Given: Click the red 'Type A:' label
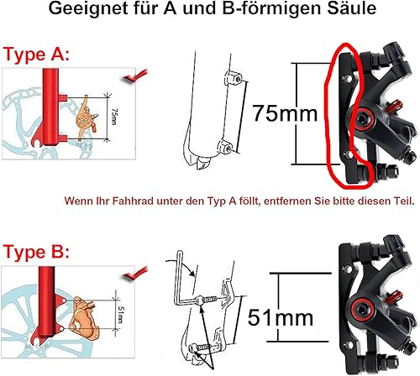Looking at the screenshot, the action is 36,54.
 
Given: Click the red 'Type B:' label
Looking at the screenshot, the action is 36,252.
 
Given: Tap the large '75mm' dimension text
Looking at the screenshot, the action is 285,113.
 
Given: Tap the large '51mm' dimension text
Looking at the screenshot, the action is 281,317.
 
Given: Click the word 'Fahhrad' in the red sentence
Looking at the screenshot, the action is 133,201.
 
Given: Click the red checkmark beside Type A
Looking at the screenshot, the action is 135,76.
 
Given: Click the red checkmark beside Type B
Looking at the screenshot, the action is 135,273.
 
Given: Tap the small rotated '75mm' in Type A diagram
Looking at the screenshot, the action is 113,117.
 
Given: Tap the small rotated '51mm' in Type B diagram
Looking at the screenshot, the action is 121,315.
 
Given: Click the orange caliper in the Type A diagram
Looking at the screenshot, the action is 86,118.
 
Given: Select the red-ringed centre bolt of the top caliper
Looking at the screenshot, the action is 364,119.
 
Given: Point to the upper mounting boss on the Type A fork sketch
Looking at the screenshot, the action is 233,78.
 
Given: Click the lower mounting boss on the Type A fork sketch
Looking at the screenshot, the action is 225,146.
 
